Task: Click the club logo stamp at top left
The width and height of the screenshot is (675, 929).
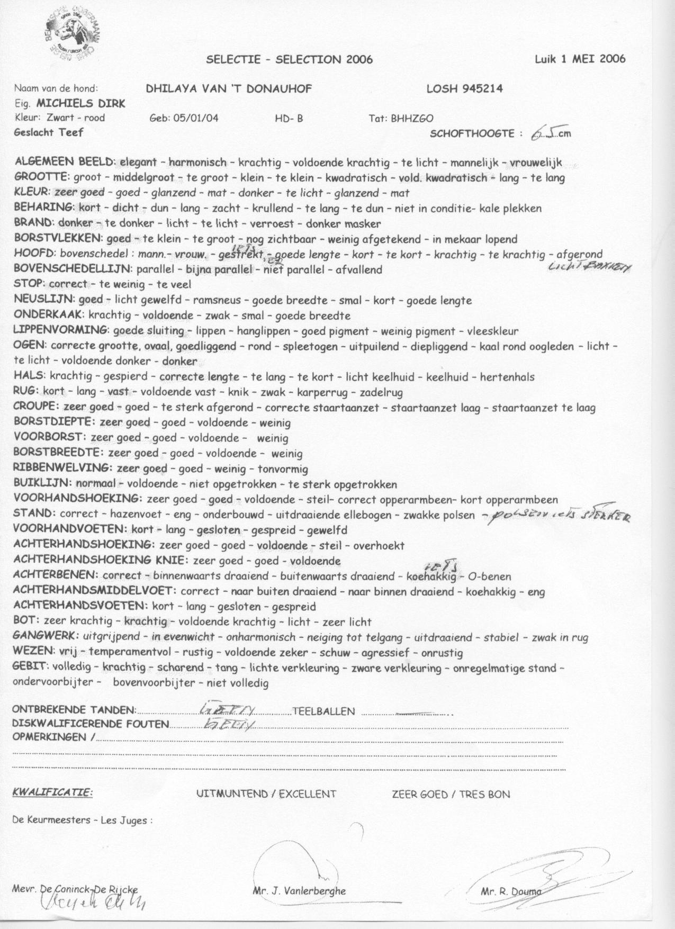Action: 73,34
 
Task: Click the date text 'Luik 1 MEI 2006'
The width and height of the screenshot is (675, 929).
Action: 580,58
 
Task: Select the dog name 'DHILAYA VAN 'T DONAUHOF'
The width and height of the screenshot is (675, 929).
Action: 229,89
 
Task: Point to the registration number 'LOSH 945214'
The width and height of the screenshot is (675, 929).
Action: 464,89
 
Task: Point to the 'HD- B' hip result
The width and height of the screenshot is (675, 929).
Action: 289,119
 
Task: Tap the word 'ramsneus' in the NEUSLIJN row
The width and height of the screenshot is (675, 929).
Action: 218,301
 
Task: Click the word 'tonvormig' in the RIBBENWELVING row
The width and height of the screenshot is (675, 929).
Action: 283,469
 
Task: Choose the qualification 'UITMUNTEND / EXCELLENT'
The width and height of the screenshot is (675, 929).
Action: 266,794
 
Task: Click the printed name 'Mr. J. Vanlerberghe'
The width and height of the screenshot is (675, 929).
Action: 300,891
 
